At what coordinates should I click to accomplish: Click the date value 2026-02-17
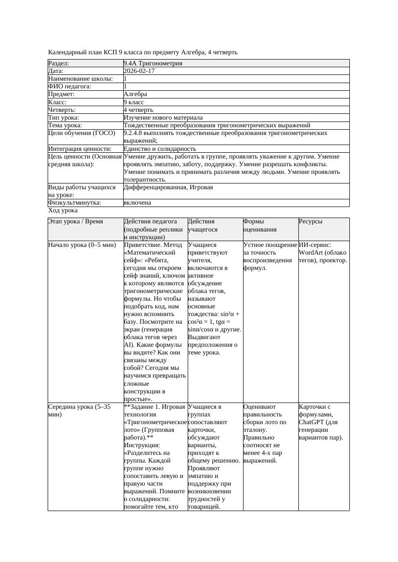(x=139, y=71)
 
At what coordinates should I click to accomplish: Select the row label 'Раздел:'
(x=59, y=63)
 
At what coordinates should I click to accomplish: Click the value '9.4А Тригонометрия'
(x=153, y=63)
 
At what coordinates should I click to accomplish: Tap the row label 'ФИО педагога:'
(x=70, y=86)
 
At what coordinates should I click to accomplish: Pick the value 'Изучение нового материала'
(x=163, y=117)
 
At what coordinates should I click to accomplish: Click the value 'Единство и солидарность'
(x=160, y=149)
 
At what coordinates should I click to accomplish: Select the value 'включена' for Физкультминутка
(x=137, y=203)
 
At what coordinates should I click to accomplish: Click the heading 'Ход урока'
(x=63, y=210)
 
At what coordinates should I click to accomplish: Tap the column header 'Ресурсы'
(x=310, y=221)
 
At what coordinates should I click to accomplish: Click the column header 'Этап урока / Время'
(x=75, y=221)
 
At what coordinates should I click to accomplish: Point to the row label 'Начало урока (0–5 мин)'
(x=82, y=245)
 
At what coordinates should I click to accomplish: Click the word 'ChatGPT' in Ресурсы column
(x=311, y=422)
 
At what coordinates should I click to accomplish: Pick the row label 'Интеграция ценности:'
(x=80, y=149)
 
